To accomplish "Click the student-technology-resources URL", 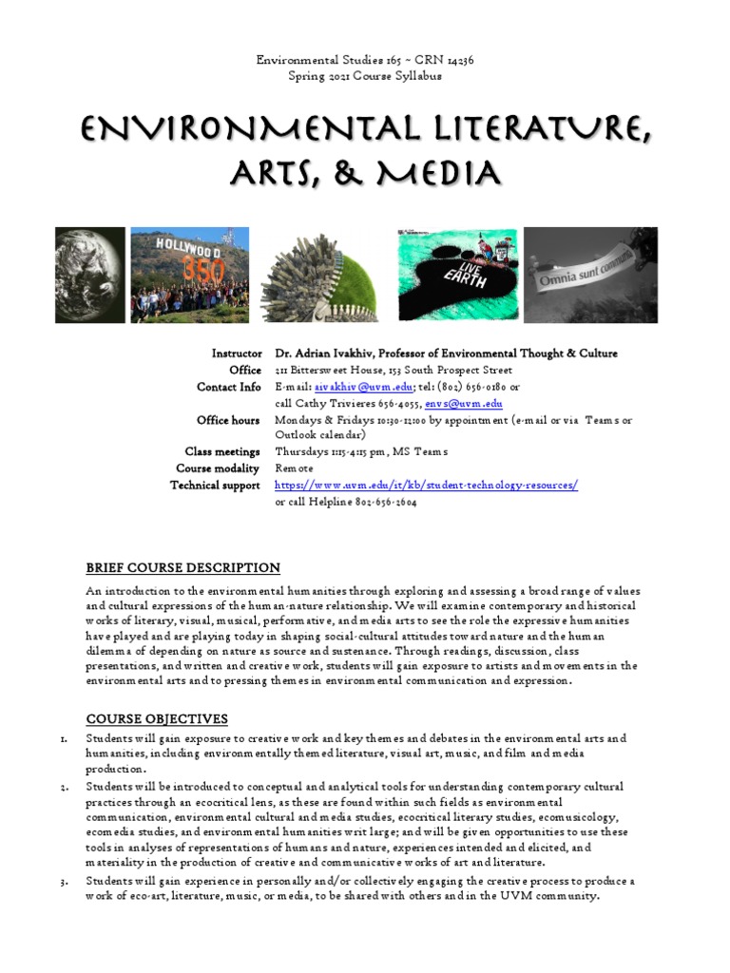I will (426, 486).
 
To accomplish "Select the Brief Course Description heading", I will (182, 568).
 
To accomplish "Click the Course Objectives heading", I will (157, 718).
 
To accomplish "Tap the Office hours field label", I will (228, 420).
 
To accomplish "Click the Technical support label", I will (215, 486).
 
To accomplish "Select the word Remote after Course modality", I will (294, 468).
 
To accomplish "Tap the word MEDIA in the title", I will (432, 173).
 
